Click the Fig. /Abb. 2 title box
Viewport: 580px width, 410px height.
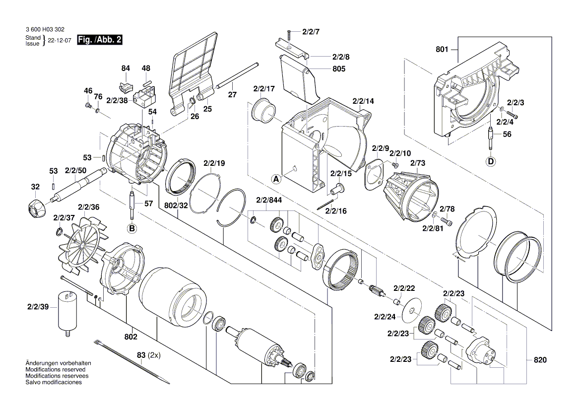[100, 40]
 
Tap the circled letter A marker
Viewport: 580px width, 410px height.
[276, 180]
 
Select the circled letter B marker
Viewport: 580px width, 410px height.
[132, 229]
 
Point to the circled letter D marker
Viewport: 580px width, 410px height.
[491, 162]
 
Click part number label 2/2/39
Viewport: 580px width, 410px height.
[38, 307]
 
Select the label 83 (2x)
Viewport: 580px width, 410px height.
[148, 355]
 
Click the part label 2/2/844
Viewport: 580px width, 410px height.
[269, 200]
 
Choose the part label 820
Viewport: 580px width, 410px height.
[540, 360]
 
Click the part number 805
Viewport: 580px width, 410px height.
[339, 69]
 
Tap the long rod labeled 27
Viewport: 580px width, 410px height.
[236, 76]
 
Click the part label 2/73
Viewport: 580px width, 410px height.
[418, 163]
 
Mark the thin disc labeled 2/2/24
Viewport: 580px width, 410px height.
[412, 310]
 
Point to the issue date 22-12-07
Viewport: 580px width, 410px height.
[60, 41]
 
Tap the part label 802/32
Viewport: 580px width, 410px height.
[176, 205]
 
